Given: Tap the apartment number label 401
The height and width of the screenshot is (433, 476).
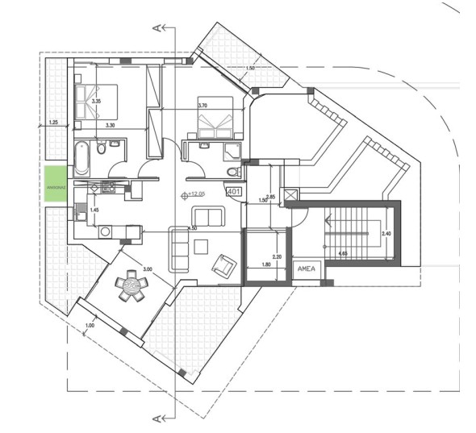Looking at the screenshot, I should coord(234,192).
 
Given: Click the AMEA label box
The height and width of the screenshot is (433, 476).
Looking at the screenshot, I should coord(307,269).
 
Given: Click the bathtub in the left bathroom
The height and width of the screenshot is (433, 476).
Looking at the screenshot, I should coord(81,158).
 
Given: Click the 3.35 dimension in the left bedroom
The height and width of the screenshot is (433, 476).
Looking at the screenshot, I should coord(96,102).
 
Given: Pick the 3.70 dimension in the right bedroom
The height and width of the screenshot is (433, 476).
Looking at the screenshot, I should coord(203,106).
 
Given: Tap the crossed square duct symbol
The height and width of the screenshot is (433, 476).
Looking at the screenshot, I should coord(292,194).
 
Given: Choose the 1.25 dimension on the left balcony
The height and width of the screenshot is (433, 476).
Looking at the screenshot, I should coord(54,122).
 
